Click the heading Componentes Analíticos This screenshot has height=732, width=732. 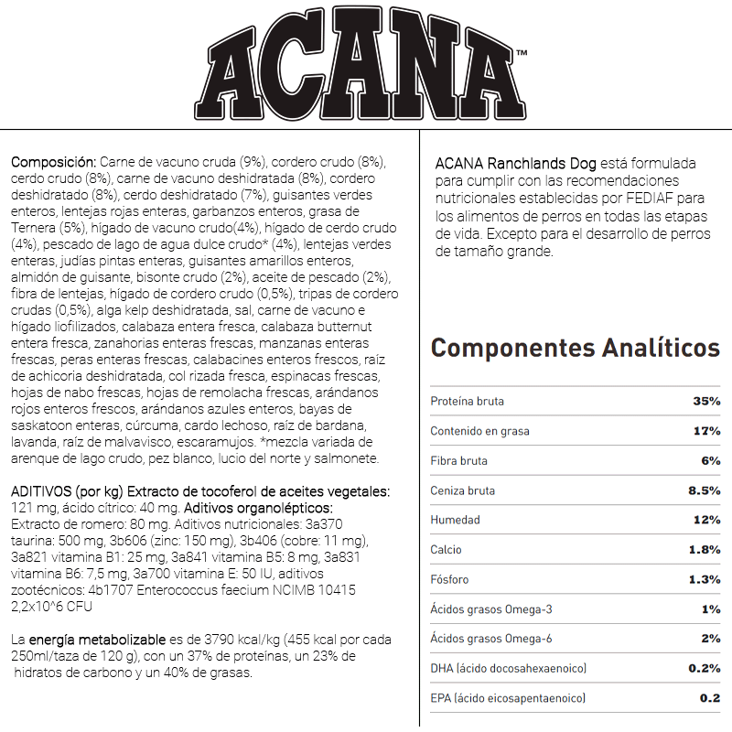click(575, 349)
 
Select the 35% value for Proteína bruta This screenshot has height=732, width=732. click(705, 402)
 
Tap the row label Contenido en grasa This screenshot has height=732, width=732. click(479, 431)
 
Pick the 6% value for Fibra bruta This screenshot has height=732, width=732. click(709, 461)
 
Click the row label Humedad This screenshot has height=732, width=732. click(455, 520)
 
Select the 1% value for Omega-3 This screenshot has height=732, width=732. click(711, 609)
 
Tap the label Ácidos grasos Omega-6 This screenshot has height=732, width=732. click(491, 639)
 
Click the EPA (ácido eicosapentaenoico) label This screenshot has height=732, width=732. click(508, 698)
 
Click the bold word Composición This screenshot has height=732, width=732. click(52, 161)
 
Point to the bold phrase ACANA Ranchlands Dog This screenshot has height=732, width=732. click(516, 164)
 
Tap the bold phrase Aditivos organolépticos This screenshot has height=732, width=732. click(257, 508)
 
